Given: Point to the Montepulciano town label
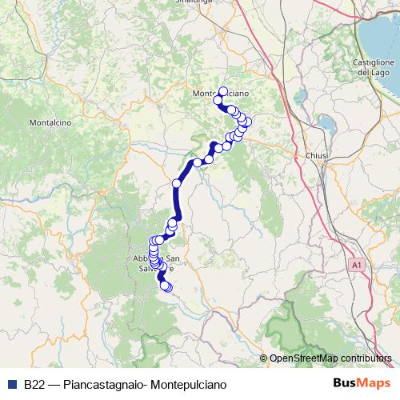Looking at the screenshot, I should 215,94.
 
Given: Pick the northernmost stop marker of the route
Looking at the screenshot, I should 223,91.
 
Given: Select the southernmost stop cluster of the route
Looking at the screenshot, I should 166,286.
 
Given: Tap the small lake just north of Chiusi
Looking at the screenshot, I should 327,124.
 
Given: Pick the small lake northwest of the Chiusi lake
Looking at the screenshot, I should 302,98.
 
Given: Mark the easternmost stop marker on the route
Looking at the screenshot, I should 247,122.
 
